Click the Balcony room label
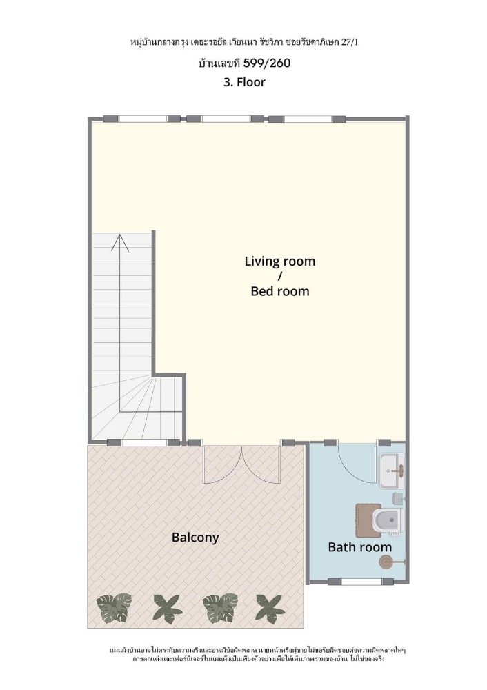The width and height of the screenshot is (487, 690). pyautogui.click(x=195, y=538)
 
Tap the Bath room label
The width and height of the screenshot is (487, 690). pyautogui.click(x=360, y=547)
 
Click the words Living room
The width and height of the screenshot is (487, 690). pyautogui.click(x=280, y=262)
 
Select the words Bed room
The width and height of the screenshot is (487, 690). pyautogui.click(x=280, y=291)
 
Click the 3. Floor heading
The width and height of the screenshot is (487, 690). pyautogui.click(x=244, y=82)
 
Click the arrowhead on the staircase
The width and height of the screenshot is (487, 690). pyautogui.click(x=119, y=242)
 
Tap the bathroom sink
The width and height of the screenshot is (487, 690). pyautogui.click(x=391, y=471)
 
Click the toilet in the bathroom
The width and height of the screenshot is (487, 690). pyautogui.click(x=388, y=520)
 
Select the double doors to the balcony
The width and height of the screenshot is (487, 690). pyautogui.click(x=241, y=464)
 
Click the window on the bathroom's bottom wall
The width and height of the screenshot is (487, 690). pyautogui.click(x=361, y=582)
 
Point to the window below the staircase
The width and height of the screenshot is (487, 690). pyautogui.click(x=144, y=442)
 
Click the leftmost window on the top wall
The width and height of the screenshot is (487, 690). pyautogui.click(x=142, y=119)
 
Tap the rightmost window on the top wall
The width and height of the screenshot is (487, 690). pyautogui.click(x=307, y=119)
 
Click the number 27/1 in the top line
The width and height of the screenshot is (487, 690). pyautogui.click(x=352, y=42)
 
